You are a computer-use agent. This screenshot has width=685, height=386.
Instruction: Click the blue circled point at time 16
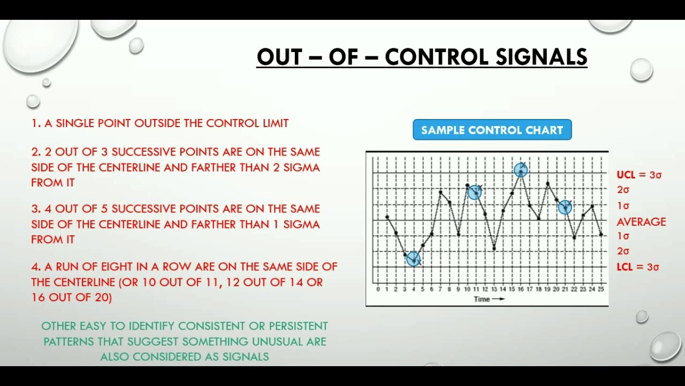[x=521, y=170]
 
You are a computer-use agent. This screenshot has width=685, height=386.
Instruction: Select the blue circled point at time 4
[x=413, y=259]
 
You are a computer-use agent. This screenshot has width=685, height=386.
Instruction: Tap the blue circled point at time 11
[x=475, y=192]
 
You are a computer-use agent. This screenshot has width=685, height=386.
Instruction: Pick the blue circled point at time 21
[x=565, y=207]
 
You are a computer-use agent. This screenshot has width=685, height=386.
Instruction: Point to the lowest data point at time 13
[x=494, y=248]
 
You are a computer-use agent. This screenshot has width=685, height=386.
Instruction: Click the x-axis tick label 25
[x=601, y=289]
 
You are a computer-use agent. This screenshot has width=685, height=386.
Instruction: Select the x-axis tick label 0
[x=378, y=289]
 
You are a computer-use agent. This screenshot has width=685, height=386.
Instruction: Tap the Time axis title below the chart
[x=482, y=299]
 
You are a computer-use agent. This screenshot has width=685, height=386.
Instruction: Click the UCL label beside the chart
[x=626, y=175]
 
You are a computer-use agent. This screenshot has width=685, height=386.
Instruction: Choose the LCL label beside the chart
[x=625, y=267]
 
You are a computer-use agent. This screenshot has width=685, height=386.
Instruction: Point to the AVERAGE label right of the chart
[x=641, y=221]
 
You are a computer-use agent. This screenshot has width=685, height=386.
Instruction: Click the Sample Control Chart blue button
[x=492, y=130]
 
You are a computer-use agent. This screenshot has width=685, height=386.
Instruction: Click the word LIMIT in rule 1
[x=275, y=123]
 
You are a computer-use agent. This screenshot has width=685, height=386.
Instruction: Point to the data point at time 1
[x=387, y=217]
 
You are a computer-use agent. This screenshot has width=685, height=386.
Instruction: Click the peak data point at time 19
[x=547, y=184]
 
